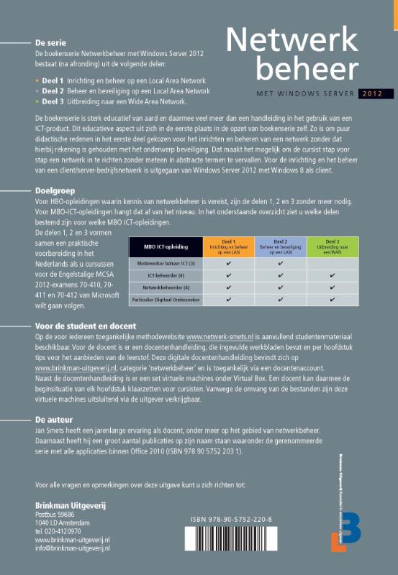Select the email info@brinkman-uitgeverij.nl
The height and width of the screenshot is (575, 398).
pyautogui.click(x=72, y=547)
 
